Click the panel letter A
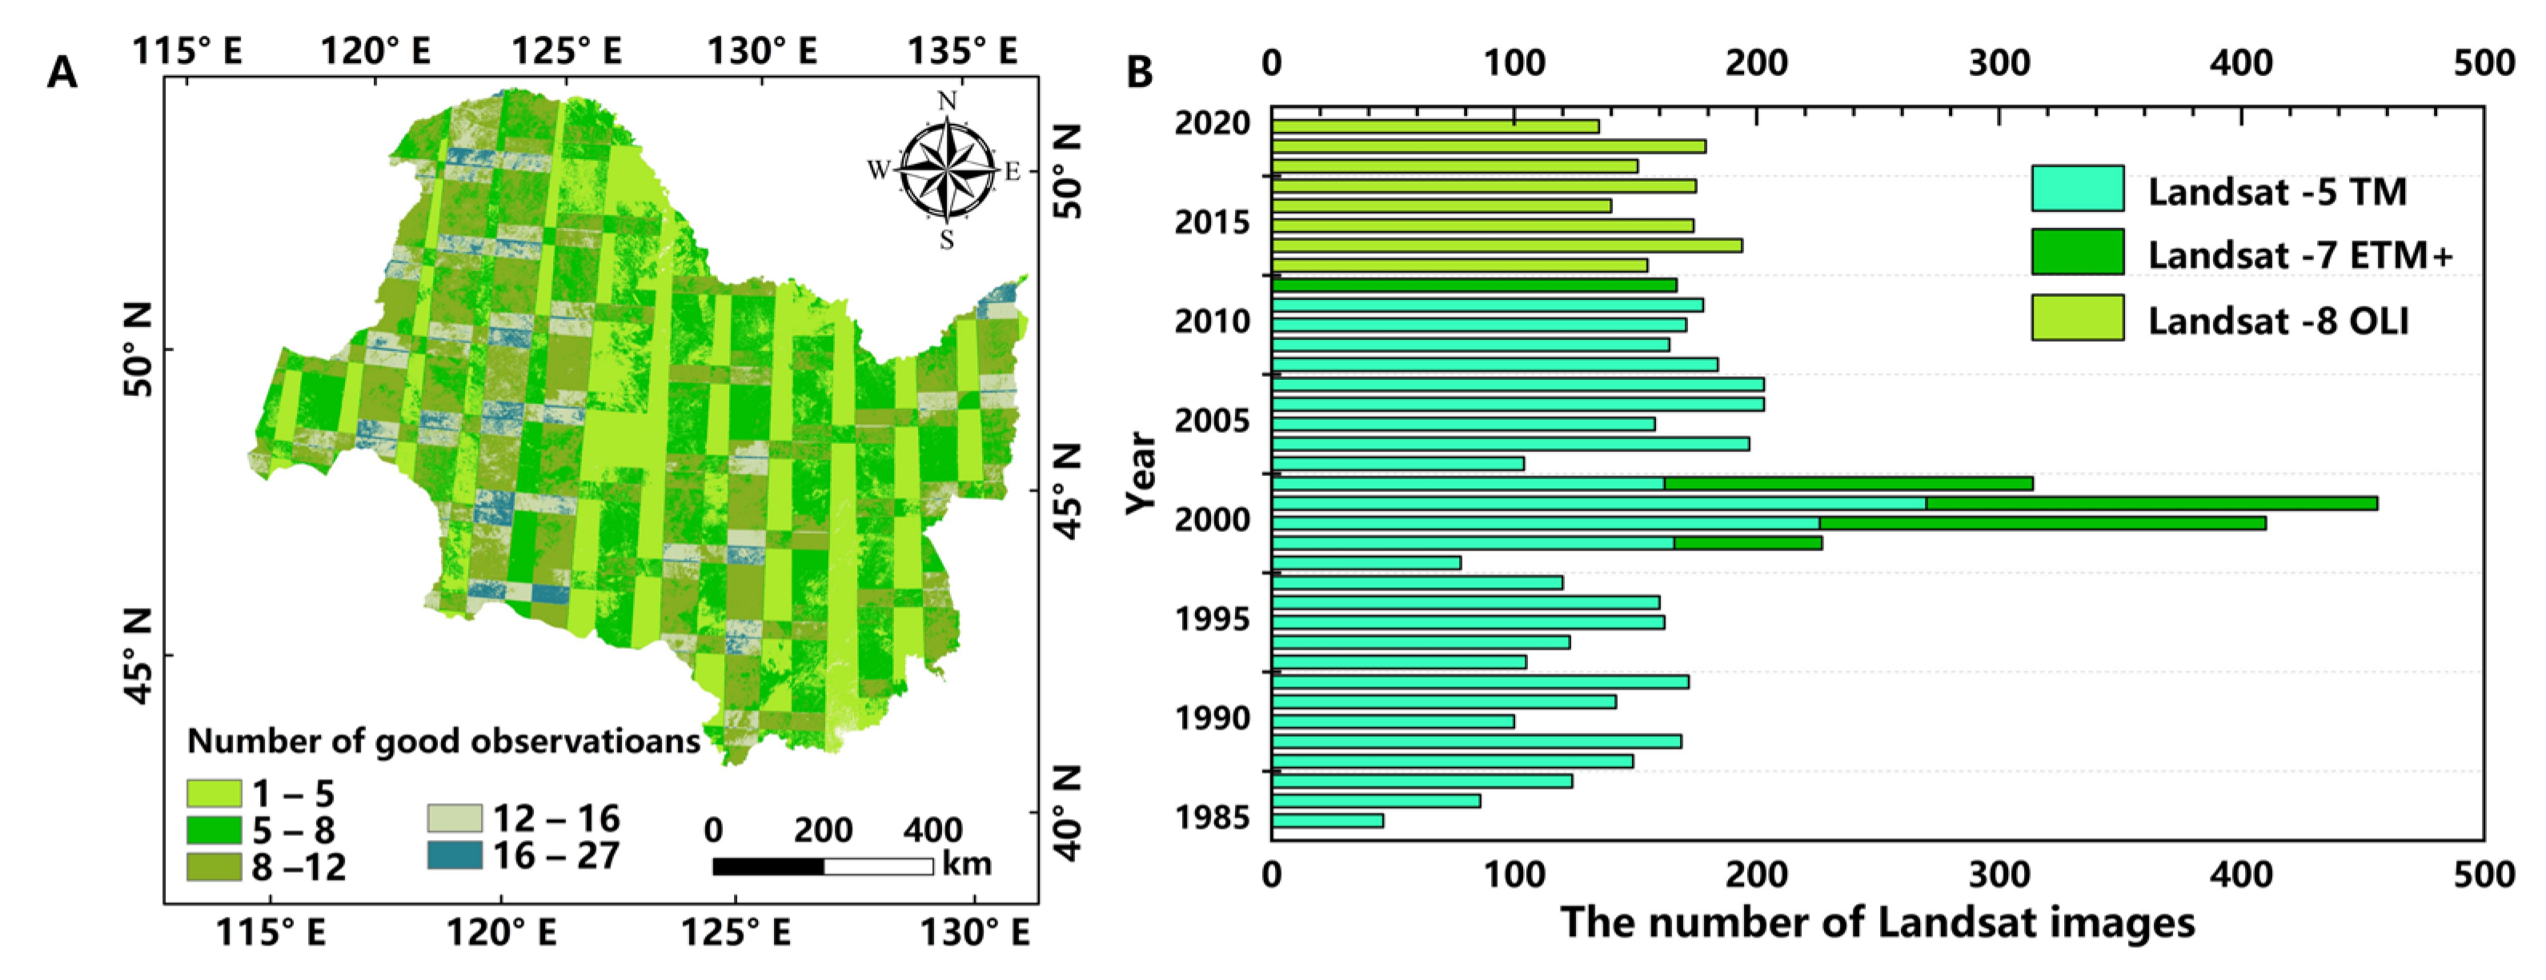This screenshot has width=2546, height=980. coord(62,73)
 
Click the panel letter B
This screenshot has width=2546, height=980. coord(1140,71)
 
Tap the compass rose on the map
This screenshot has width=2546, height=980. coord(947,170)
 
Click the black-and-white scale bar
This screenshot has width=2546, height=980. coord(822,866)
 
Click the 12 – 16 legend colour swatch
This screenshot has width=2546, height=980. coord(455,818)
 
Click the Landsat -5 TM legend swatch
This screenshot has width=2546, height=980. coord(2078,189)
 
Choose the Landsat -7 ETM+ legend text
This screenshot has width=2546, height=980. coord(2300,255)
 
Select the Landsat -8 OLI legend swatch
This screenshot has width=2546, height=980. coord(2078,318)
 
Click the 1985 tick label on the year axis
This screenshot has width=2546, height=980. coord(1212,818)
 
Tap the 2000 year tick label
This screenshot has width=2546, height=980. coord(1212,520)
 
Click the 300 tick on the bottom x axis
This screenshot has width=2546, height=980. coord(1999,874)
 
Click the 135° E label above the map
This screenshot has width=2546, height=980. coord(962,50)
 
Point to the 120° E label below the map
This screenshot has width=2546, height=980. coord(501,931)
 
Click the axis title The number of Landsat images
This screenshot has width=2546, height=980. coord(1877,922)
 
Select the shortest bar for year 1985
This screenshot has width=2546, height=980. coord(1327,821)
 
